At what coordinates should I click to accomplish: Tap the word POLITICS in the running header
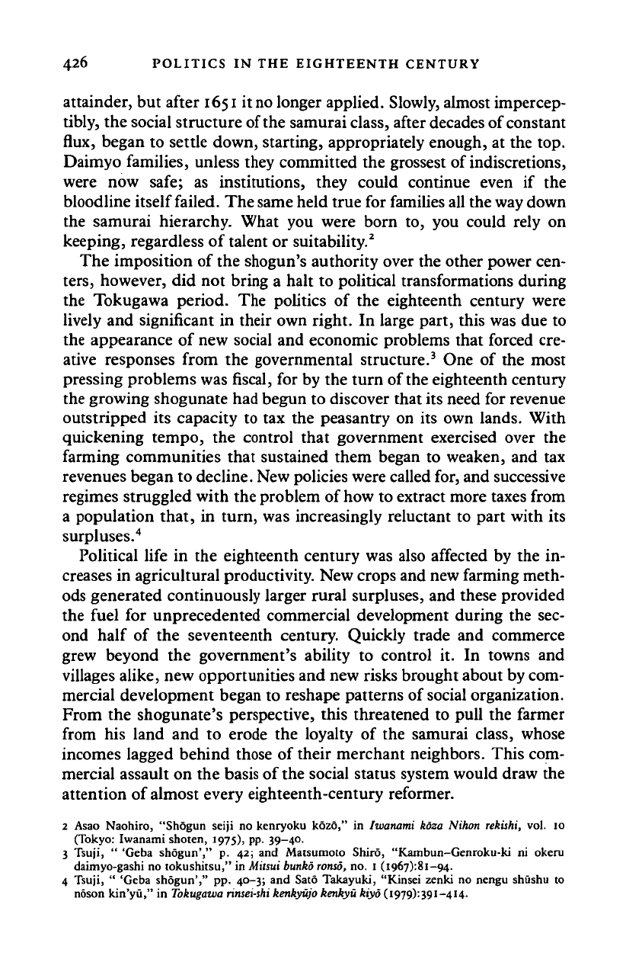pyautogui.click(x=174, y=64)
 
